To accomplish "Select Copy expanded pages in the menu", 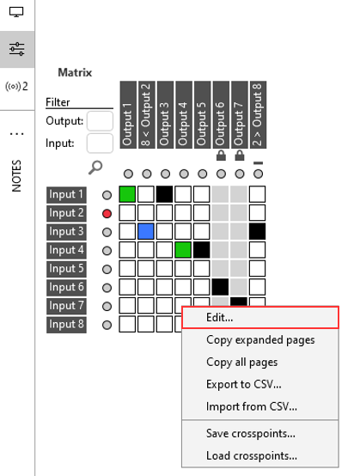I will point(260,339).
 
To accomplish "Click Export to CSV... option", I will point(244,383).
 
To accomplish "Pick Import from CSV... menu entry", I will point(252,406).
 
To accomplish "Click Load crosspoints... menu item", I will point(252,455).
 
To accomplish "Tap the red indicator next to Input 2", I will point(107,213).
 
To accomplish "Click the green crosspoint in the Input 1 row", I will point(127,194).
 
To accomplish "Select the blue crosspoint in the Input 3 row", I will point(146,231).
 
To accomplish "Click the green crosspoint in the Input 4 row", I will point(183,250).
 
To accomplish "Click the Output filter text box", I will point(100,121).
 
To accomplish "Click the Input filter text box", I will point(100,143).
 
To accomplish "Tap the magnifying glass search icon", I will point(96,168).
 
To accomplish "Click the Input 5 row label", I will point(67,269).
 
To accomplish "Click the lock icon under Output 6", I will point(220,156).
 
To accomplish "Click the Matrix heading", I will point(75,73).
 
